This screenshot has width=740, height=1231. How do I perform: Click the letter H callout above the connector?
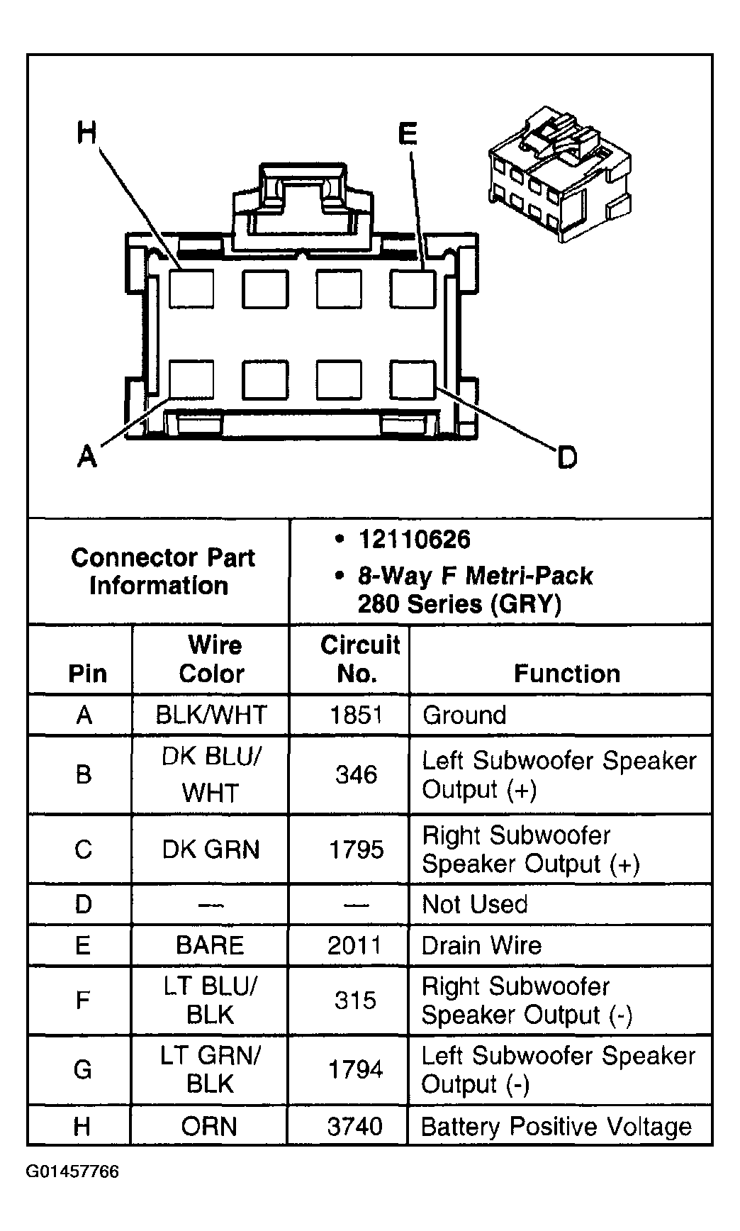point(86,132)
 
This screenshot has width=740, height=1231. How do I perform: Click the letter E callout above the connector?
point(408,133)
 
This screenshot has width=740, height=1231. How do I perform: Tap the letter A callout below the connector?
point(86,456)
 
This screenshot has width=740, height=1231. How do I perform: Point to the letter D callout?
point(567,458)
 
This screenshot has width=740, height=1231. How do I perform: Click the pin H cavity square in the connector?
point(191,289)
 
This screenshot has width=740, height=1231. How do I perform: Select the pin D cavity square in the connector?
point(412,379)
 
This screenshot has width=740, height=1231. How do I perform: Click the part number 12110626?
point(414,540)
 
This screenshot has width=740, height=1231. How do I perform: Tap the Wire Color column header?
point(212,659)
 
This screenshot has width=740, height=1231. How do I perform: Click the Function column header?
point(566,673)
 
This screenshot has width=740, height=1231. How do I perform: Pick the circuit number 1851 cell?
point(357,715)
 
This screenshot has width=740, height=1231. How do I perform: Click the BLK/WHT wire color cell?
point(211,715)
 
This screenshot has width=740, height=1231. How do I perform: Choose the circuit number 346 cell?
point(356,774)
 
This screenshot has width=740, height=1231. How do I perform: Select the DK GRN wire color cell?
point(211,849)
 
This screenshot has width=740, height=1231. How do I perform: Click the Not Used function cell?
point(474,904)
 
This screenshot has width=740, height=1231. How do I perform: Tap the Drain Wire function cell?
point(481,945)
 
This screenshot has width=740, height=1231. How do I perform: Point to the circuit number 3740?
point(355,1126)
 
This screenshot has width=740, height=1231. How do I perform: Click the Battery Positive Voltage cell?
point(556,1126)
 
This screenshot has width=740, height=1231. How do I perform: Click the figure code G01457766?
point(72,1171)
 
